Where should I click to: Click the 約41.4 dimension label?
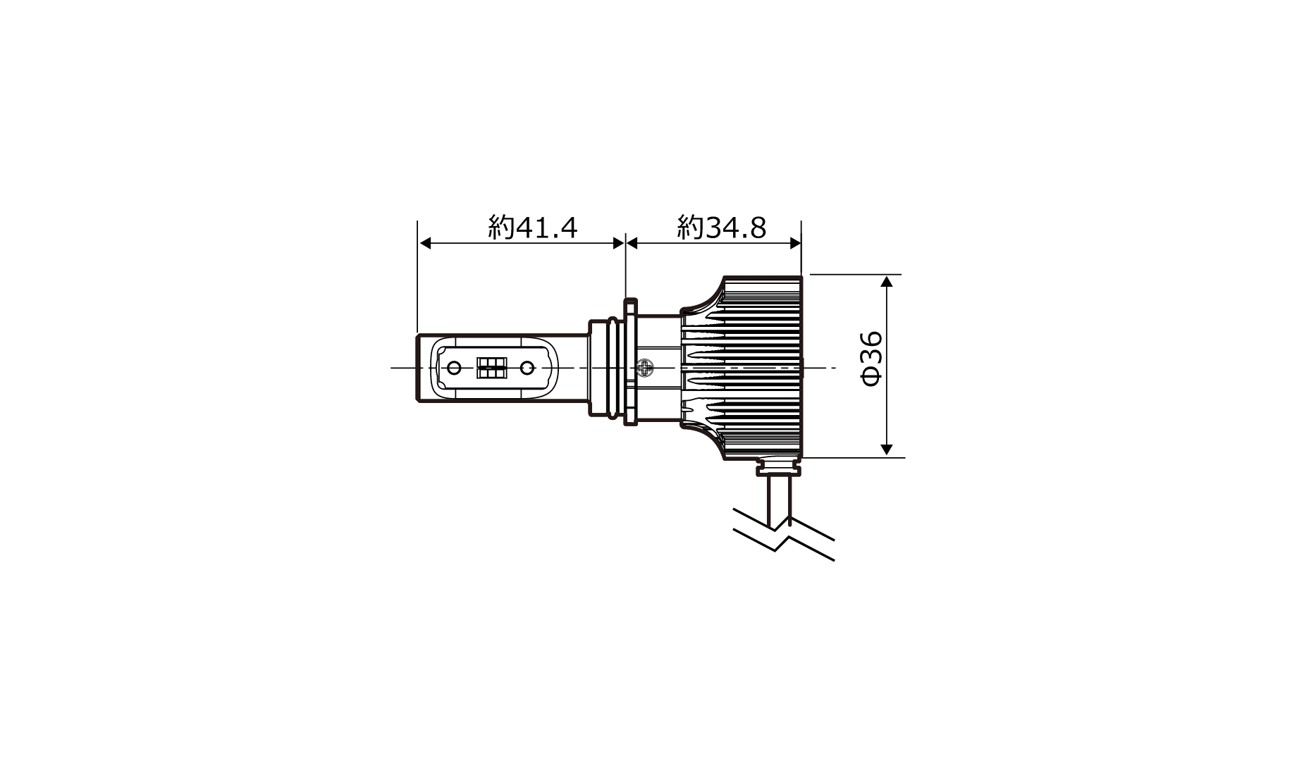coord(533,228)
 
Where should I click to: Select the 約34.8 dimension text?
coord(722,228)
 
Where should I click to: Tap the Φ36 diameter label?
coord(871,359)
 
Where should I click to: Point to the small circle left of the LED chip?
coord(455,368)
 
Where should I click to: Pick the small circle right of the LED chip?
coord(527,368)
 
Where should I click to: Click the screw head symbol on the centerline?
coord(645,368)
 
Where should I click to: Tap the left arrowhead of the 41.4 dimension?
coord(425,243)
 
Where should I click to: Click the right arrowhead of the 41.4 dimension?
coord(617,243)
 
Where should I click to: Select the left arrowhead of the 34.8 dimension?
coord(633,243)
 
